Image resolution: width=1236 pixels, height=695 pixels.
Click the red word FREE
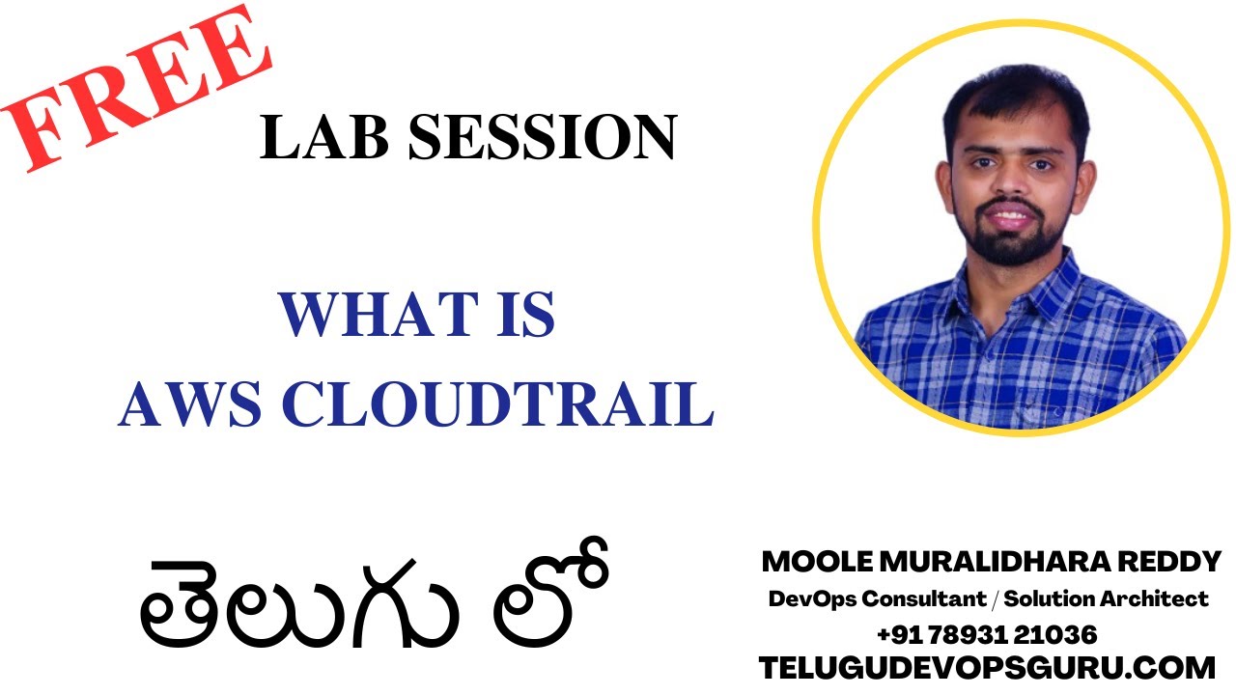point(135,89)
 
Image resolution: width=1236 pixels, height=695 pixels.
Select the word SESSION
point(542,138)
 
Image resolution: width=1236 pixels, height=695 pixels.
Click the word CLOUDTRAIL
point(497,403)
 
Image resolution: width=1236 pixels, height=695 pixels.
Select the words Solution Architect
point(1107,599)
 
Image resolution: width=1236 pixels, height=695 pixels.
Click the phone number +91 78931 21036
point(987,634)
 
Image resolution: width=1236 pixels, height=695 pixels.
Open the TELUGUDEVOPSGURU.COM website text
point(987,667)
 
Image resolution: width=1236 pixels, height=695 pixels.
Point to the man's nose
point(1008,189)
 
